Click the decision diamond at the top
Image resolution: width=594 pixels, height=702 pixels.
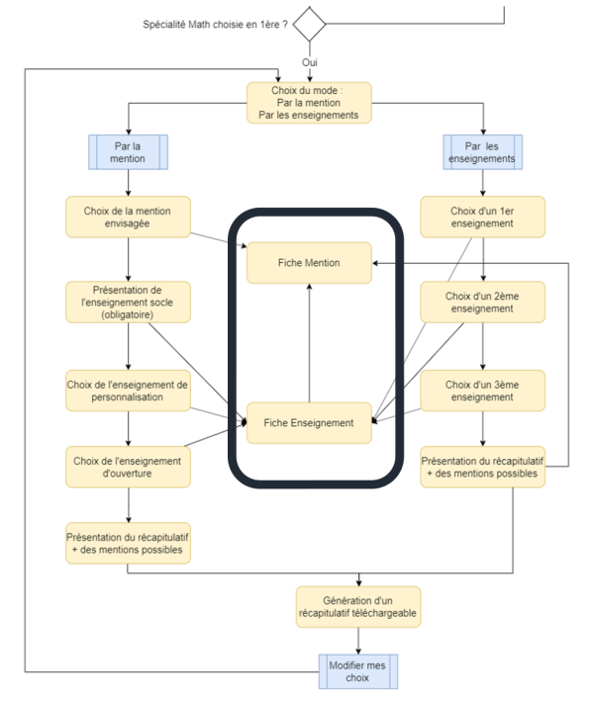coord(309,24)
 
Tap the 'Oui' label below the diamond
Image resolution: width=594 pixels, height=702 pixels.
coord(309,62)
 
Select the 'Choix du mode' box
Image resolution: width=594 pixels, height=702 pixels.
coord(309,103)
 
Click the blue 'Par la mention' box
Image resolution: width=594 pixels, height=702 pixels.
coord(129,152)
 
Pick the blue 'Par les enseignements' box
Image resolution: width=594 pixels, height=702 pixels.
coord(483,152)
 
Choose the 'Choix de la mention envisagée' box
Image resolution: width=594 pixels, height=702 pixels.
coord(129,217)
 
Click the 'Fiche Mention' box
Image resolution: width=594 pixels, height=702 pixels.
coord(309,263)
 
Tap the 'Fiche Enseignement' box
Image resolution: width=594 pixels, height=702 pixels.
coord(309,423)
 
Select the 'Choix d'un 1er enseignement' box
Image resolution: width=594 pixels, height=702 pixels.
coord(483,217)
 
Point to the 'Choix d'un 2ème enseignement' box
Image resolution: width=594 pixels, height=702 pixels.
coord(483,303)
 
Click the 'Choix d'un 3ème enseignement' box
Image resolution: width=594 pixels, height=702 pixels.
coord(483,391)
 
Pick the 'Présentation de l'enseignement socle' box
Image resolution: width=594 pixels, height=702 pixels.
coord(129,303)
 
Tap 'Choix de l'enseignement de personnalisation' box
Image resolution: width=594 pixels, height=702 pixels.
coord(129,391)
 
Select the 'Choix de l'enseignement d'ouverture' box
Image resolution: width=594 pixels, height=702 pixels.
coord(129,467)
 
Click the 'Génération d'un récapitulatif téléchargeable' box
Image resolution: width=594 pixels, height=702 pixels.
coord(358,607)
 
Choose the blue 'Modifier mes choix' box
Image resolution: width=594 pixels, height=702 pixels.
coord(358,671)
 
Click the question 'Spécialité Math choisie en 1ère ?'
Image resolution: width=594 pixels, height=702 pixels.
coord(215,24)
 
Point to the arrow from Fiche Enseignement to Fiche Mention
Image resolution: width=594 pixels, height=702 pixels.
coord(309,343)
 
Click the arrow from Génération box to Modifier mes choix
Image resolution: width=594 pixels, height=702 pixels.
coord(358,641)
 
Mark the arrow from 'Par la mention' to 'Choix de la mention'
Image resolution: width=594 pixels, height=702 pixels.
coord(129,183)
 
